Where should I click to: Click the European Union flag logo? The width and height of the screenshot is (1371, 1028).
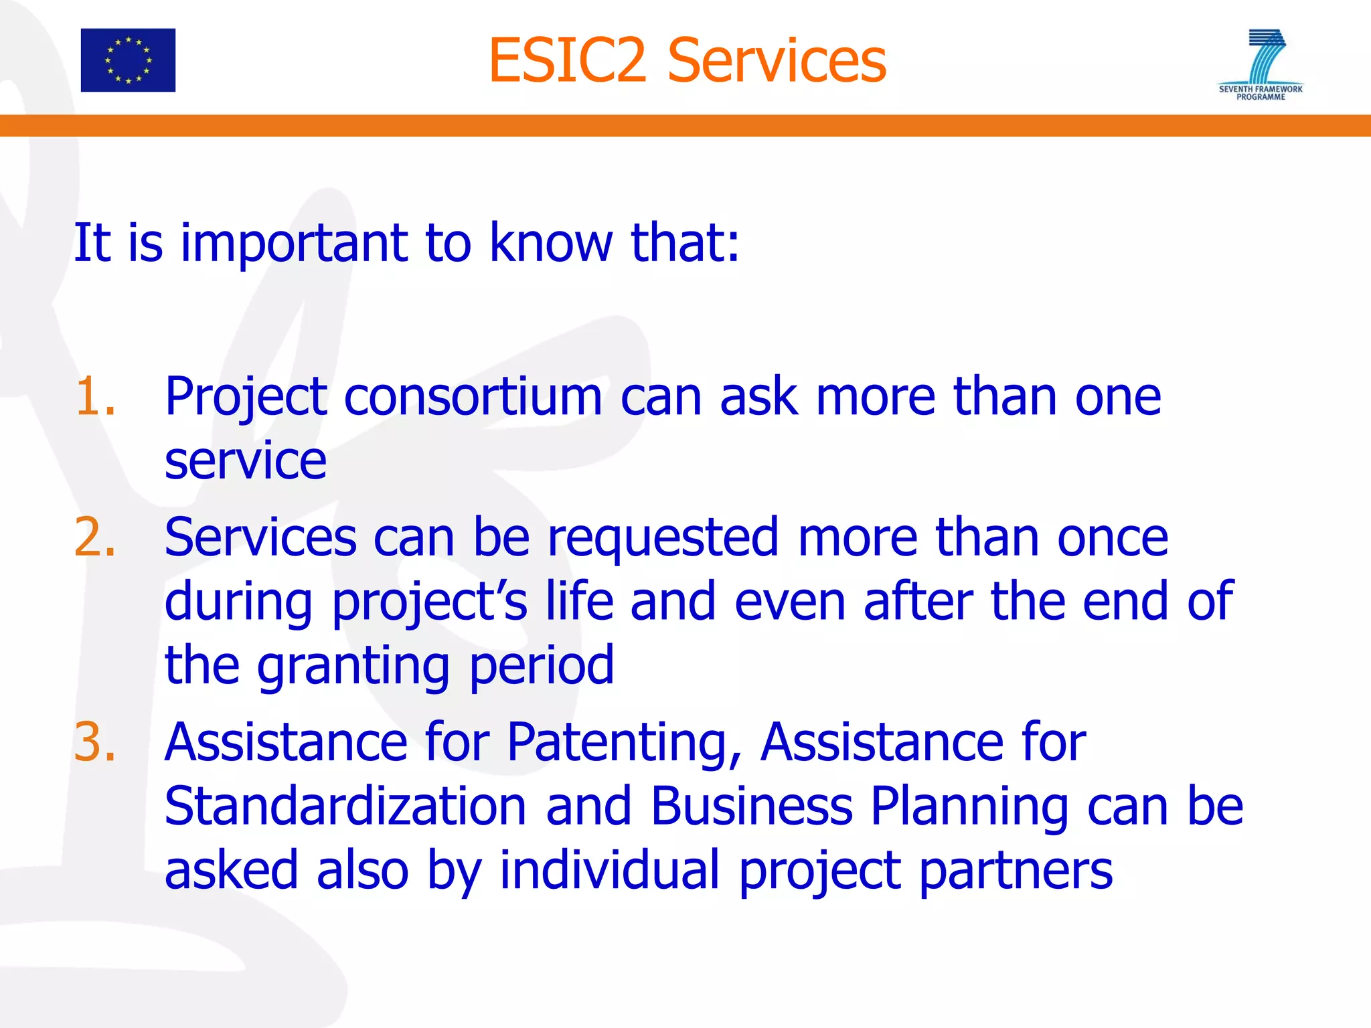(128, 60)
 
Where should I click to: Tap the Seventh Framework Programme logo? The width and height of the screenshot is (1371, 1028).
(1261, 64)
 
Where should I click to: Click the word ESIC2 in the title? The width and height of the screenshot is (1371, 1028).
(567, 62)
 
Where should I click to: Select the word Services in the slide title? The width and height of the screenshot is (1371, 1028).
(777, 62)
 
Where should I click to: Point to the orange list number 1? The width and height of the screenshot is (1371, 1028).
(94, 397)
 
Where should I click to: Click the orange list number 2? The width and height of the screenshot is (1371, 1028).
(94, 537)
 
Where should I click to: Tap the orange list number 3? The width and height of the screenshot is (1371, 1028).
(94, 742)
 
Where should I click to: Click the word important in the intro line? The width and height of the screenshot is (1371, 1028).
(293, 243)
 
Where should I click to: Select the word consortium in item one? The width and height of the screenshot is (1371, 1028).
(473, 397)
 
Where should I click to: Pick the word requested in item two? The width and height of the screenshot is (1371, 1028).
(663, 537)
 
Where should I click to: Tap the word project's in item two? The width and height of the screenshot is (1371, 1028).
(429, 602)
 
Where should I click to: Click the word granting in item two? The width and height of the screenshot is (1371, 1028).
(353, 666)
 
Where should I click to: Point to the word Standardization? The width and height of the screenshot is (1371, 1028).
(345, 806)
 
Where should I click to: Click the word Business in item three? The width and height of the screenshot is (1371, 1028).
(751, 806)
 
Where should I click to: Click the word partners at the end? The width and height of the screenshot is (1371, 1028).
(1016, 870)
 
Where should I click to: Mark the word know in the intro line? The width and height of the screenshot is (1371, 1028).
(550, 243)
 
